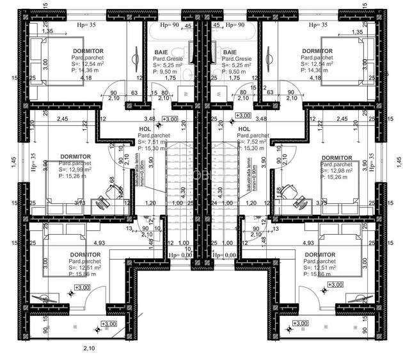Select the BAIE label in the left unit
pos(161,52)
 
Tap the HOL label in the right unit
pos(242,129)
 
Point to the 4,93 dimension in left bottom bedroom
pos(81,243)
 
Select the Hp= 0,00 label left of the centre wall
pos(180,254)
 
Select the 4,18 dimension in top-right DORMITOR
pos(315,78)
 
